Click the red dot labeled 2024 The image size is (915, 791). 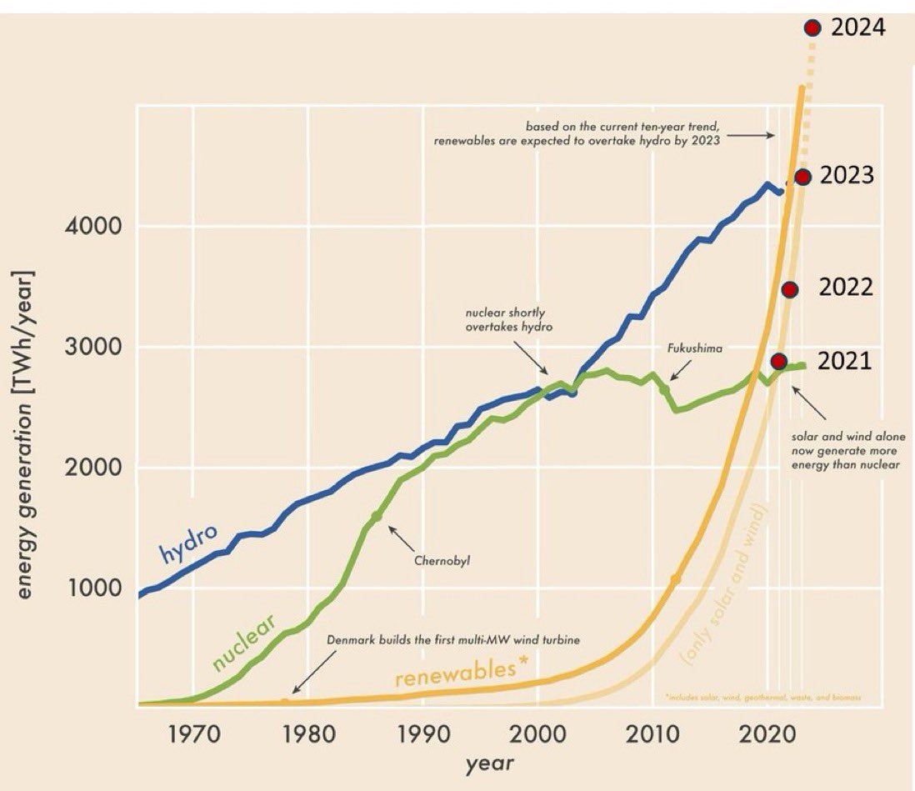point(812,28)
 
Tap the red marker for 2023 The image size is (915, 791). point(802,177)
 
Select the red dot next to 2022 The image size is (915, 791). point(790,289)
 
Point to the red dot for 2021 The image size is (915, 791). point(779,361)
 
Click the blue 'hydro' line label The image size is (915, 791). point(188,543)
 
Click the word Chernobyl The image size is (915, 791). point(442,560)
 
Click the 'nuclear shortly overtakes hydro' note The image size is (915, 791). point(508,321)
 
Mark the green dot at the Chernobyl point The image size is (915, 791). point(377,517)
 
